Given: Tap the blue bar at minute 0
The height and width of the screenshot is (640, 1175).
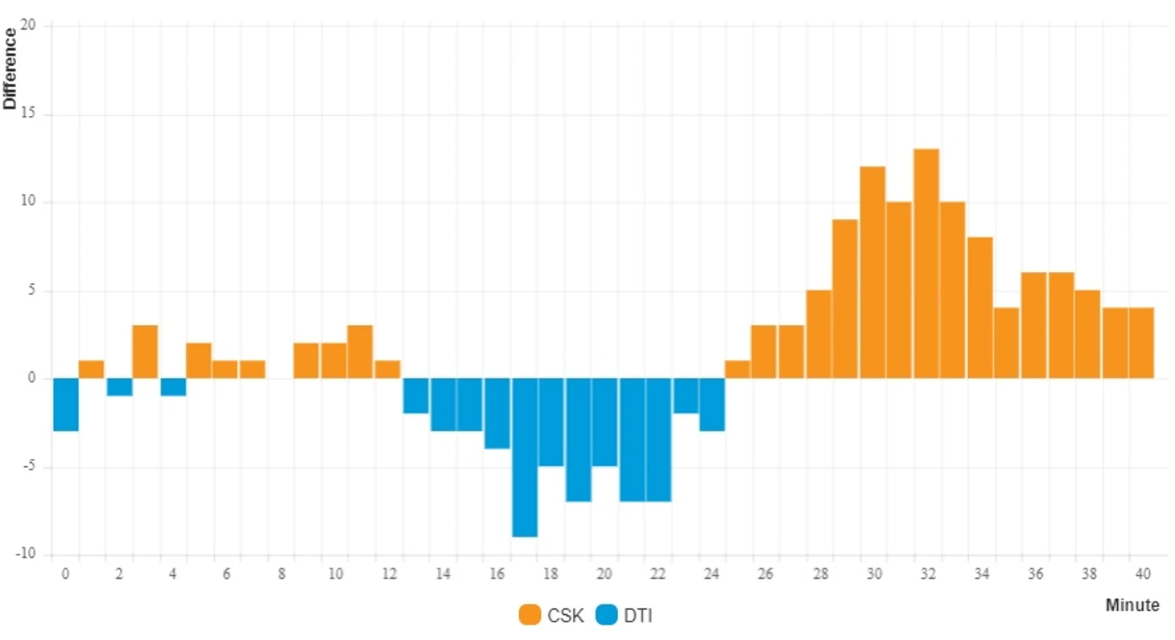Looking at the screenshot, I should click(x=66, y=405).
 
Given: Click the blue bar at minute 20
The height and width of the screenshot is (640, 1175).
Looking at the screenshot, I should click(x=605, y=423).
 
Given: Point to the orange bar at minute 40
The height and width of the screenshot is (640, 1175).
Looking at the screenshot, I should click(x=1141, y=343).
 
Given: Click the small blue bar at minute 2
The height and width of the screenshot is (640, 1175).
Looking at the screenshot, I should click(x=119, y=387).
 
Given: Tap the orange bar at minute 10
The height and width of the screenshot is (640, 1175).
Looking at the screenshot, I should click(x=334, y=361).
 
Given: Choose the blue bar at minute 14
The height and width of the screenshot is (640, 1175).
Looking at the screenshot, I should click(x=443, y=405).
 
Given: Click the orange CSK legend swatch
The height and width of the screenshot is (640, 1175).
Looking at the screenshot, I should click(x=530, y=616).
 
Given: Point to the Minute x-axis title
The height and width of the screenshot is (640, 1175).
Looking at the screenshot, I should click(x=1132, y=605).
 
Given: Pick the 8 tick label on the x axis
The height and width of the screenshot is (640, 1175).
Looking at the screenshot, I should click(x=281, y=574).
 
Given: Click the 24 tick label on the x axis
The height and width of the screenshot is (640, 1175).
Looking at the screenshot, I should click(x=711, y=574).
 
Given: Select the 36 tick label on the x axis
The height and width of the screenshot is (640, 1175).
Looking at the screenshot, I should click(x=1035, y=574).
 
